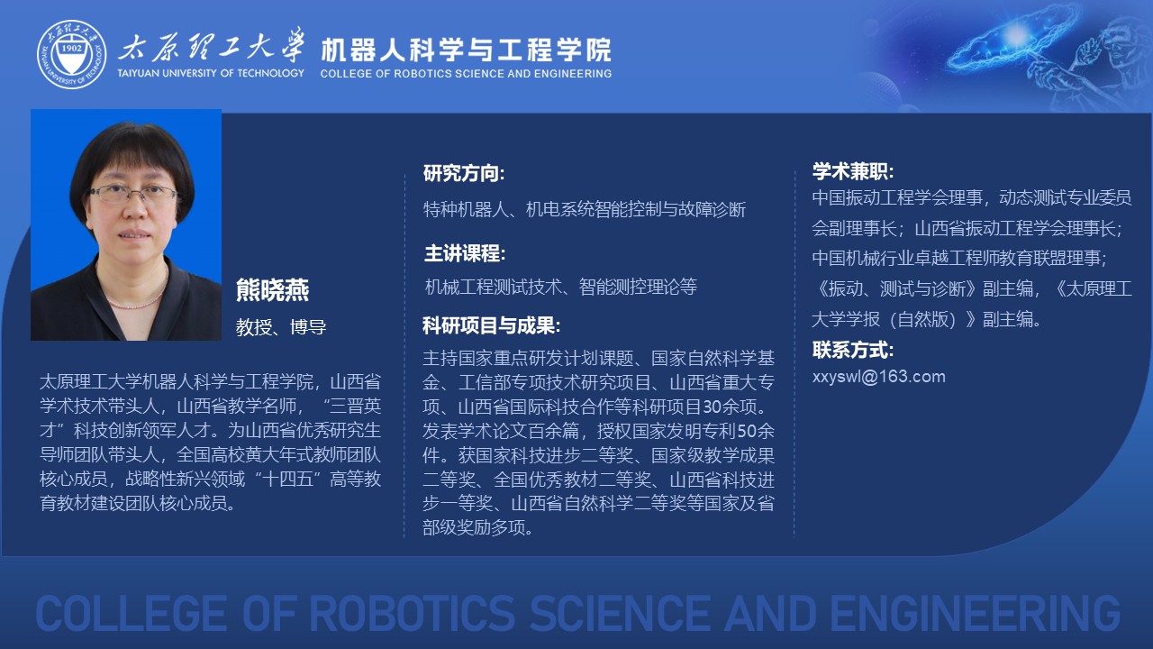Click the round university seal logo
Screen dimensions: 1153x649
click(x=71, y=55)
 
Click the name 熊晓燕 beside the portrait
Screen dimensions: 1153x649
click(x=272, y=290)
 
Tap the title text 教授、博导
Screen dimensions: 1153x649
click(x=281, y=327)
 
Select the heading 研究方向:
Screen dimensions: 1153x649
click(x=464, y=173)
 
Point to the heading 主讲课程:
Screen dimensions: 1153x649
click(x=465, y=253)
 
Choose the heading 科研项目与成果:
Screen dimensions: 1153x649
click(x=492, y=325)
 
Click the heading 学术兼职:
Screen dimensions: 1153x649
click(x=853, y=171)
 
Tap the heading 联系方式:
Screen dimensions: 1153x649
click(x=853, y=351)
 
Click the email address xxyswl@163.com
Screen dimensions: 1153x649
click(x=878, y=377)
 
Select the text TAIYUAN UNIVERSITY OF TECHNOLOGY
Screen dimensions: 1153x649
click(x=211, y=73)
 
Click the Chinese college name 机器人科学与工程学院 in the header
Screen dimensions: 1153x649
click(x=467, y=50)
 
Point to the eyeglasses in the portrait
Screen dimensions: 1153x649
click(x=133, y=194)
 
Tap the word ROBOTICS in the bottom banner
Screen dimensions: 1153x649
click(x=412, y=614)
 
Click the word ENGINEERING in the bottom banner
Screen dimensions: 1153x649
click(x=975, y=614)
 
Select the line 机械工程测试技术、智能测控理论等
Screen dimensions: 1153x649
click(x=561, y=287)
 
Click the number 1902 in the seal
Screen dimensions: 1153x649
click(x=71, y=48)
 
